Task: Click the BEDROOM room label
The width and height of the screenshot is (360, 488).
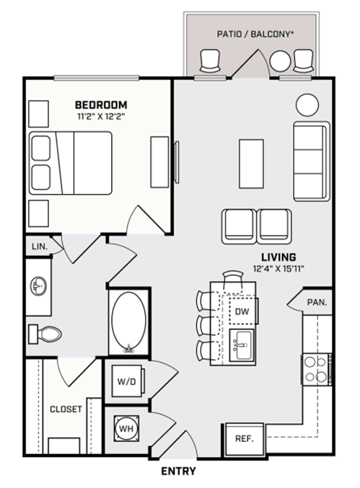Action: pos(101,105)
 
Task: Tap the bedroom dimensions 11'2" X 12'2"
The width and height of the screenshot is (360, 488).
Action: pos(101,117)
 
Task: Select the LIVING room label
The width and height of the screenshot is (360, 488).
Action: pos(278,257)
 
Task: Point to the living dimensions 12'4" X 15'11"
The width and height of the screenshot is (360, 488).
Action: pos(278,269)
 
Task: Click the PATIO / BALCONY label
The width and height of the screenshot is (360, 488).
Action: pos(255,34)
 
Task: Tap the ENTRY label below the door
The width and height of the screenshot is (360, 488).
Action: pos(178,471)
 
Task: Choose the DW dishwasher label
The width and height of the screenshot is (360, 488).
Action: pos(242,311)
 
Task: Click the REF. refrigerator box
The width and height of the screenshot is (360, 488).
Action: pos(245,439)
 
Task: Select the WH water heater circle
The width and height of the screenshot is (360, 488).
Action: pos(126,429)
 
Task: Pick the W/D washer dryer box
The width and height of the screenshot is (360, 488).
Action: pos(127,381)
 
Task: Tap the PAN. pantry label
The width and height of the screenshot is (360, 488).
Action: pos(317,302)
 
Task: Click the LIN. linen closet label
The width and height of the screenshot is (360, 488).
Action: pos(40,247)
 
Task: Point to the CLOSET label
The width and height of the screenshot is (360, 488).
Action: pos(66,409)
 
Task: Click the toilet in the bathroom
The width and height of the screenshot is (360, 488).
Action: pos(45,334)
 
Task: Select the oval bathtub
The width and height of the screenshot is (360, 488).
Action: pos(128,322)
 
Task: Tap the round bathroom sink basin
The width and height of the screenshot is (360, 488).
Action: pos(38,285)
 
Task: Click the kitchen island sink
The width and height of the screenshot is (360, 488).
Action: pos(242,345)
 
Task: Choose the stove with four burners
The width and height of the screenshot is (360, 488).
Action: pos(317,369)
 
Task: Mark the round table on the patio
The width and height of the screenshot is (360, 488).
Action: pos(280,61)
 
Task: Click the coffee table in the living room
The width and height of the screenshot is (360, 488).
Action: pos(251,164)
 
